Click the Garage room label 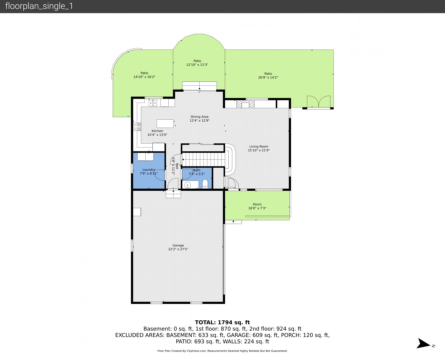pyautogui.click(x=178, y=245)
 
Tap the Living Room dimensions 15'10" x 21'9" pyautogui.click(x=259, y=150)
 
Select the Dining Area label pyautogui.click(x=199, y=117)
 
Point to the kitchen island pyautogui.click(x=165, y=123)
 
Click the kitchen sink pyautogui.click(x=153, y=103)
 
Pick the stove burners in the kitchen pyautogui.click(x=137, y=127)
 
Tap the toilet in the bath pyautogui.click(x=205, y=184)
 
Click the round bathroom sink pyautogui.click(x=188, y=185)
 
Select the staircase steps pyautogui.click(x=204, y=159)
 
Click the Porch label pyautogui.click(x=257, y=204)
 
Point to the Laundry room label pyautogui.click(x=149, y=170)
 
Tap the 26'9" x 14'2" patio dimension pyautogui.click(x=268, y=77)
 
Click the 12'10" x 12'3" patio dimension pyautogui.click(x=197, y=65)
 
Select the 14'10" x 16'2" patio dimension pyautogui.click(x=144, y=77)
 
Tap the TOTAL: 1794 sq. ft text pyautogui.click(x=222, y=322)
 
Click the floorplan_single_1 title pyautogui.click(x=39, y=6)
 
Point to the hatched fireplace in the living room pyautogui.click(x=245, y=104)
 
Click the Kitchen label pyautogui.click(x=157, y=131)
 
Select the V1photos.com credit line pyautogui.click(x=222, y=351)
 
